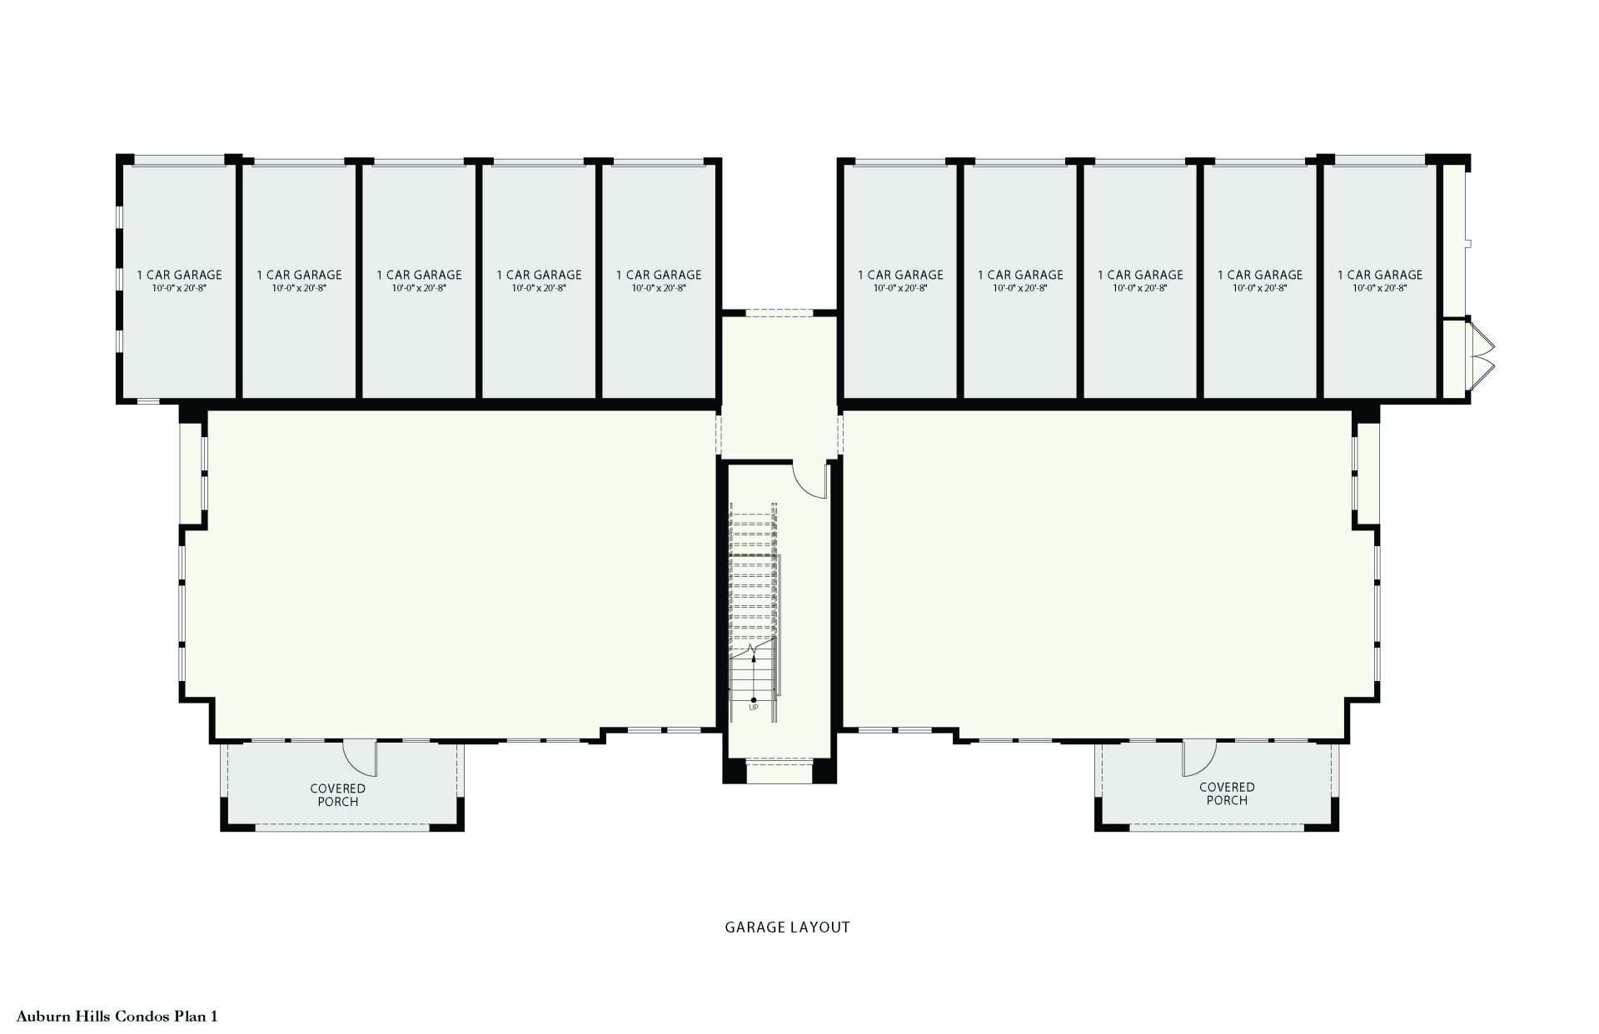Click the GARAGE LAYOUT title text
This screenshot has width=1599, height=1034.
[787, 927]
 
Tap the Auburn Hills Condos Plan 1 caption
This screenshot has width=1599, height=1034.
[117, 1017]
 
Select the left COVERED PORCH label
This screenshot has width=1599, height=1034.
[338, 795]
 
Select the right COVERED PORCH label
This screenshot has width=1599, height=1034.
[1227, 793]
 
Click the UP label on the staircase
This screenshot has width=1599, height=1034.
[754, 708]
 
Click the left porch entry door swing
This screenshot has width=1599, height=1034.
[361, 758]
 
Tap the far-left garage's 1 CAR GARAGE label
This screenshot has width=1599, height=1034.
[180, 275]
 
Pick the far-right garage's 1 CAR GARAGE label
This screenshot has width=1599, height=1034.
[1380, 275]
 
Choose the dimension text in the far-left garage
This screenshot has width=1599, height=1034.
[180, 288]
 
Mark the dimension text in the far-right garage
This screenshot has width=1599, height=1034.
[1380, 288]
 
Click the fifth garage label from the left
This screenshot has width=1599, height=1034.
[659, 275]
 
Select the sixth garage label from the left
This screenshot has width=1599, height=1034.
[900, 275]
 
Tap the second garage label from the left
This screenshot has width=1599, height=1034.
[299, 275]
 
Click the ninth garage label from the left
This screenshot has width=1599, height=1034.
[1260, 275]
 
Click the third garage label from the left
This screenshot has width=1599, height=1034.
[419, 275]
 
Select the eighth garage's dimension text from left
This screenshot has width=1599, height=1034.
[1140, 288]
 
